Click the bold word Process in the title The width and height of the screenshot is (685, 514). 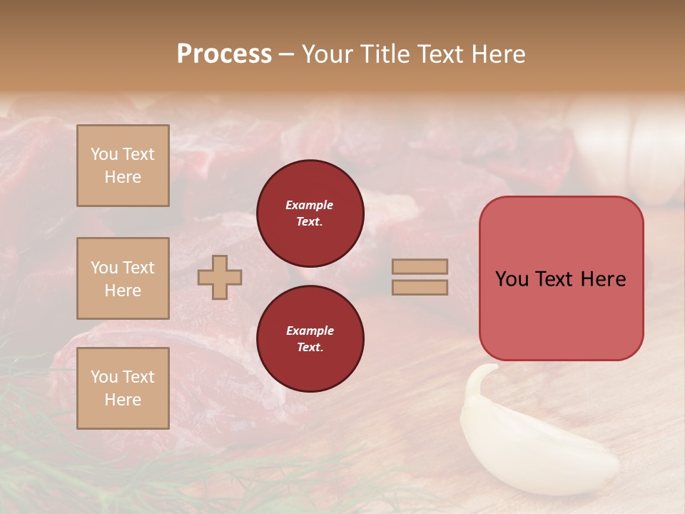tap(224, 54)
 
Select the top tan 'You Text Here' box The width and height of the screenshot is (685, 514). tap(123, 166)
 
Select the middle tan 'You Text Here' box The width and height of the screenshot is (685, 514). tap(123, 278)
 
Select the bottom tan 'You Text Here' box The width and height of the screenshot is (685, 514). tap(123, 388)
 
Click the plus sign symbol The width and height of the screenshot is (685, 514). tap(220, 277)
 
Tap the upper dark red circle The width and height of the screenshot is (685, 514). tap(310, 213)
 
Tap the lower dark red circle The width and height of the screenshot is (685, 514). tap(310, 338)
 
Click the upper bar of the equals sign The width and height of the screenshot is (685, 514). tap(420, 266)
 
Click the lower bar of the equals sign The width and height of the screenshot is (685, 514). tap(420, 287)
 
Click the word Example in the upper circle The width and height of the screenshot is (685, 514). tap(310, 205)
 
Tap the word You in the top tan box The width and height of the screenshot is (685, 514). tap(104, 154)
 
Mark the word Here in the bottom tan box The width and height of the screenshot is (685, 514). tap(123, 400)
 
